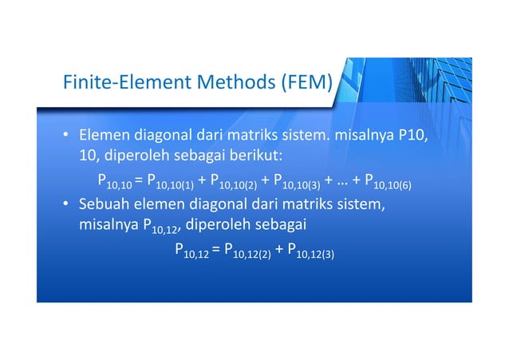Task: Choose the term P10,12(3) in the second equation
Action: click(310, 253)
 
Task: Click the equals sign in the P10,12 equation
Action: click(217, 251)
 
